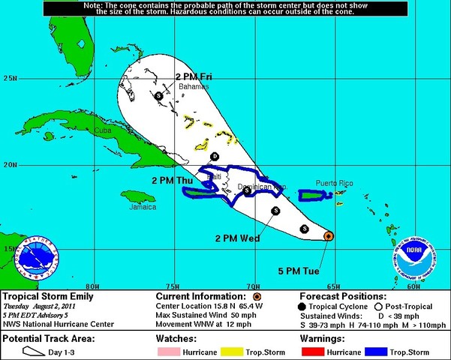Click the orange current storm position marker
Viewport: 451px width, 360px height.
[x=328, y=236]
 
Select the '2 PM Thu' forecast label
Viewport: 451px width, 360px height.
[x=172, y=180]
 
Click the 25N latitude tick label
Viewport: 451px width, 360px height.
[x=10, y=78]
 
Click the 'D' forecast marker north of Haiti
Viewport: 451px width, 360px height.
[x=215, y=156]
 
